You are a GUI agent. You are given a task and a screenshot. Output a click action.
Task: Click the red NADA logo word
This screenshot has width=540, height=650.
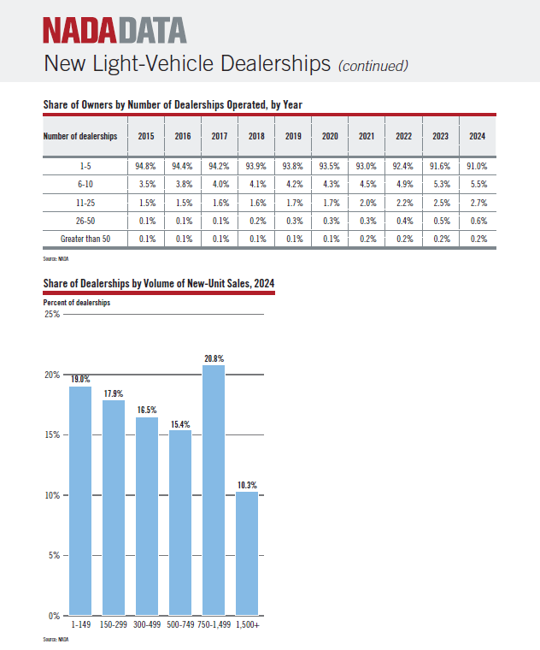[x=80, y=30]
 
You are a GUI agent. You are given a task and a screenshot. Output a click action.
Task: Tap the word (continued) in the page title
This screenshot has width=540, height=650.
[x=373, y=66]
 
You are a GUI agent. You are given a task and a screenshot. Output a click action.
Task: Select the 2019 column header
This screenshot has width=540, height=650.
[x=293, y=136]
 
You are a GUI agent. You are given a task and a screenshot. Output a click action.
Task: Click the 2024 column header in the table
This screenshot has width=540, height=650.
[x=477, y=136]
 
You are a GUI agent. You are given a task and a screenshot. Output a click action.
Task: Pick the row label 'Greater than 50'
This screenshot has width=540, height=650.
[x=85, y=239]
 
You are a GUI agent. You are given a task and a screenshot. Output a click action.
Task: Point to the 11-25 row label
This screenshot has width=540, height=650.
[x=85, y=203]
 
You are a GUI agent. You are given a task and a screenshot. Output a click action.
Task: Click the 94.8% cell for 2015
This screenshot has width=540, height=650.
[x=145, y=166]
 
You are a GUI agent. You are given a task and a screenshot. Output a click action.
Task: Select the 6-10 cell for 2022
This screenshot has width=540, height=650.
[x=404, y=184]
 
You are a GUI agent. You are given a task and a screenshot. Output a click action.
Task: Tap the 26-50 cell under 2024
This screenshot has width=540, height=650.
[x=478, y=221]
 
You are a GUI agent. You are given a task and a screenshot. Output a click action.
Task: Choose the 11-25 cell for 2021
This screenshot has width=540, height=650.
[x=367, y=203]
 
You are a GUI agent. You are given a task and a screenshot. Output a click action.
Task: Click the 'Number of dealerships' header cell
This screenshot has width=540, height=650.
[x=80, y=136]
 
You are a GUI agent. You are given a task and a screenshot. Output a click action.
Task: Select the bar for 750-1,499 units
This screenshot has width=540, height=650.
[x=214, y=490]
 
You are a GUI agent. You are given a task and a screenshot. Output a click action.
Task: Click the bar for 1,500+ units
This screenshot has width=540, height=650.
[x=247, y=553]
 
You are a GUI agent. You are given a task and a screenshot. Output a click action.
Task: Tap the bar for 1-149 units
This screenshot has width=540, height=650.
[x=80, y=501]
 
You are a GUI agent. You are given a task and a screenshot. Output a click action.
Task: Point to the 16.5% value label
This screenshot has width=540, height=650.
[x=147, y=410]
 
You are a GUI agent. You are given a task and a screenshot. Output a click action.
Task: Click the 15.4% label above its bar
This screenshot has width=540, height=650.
[x=180, y=424]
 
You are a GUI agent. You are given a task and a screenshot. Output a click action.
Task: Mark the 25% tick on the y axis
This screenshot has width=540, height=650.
[x=52, y=314]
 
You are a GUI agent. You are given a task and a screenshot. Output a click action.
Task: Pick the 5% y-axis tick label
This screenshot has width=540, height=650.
[x=54, y=555]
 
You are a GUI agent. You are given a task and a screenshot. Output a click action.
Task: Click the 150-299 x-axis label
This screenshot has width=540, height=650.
[x=114, y=624]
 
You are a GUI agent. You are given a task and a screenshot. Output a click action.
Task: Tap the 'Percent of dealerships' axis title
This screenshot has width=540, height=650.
[x=77, y=303]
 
